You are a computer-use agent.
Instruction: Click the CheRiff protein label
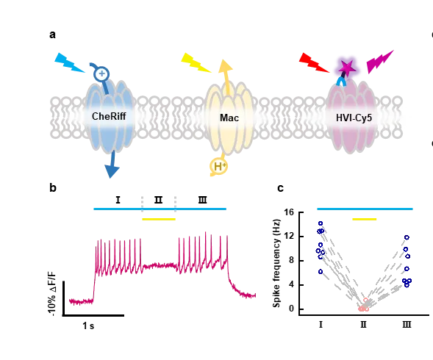(109, 117)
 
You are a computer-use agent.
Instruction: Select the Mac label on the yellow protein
(229, 118)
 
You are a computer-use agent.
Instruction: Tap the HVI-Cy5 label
(354, 118)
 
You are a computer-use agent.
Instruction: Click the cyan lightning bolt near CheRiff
(69, 62)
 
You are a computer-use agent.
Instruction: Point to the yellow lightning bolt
(196, 62)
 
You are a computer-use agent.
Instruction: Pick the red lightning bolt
(314, 62)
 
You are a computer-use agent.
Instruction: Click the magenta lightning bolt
(380, 62)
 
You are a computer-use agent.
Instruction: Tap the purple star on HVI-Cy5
(347, 68)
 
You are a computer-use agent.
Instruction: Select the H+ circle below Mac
(219, 167)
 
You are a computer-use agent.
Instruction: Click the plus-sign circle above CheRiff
(101, 74)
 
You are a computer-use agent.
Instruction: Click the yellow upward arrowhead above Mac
(226, 66)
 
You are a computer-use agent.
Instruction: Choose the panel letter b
(53, 188)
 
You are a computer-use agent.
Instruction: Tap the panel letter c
(280, 188)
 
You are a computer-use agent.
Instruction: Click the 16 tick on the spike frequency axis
(289, 212)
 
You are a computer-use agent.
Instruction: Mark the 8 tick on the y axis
(292, 261)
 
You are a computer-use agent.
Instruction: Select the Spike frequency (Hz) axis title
(276, 263)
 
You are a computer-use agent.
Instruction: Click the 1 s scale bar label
(88, 325)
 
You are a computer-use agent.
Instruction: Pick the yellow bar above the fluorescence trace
(159, 219)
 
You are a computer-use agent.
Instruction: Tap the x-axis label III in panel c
(407, 324)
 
